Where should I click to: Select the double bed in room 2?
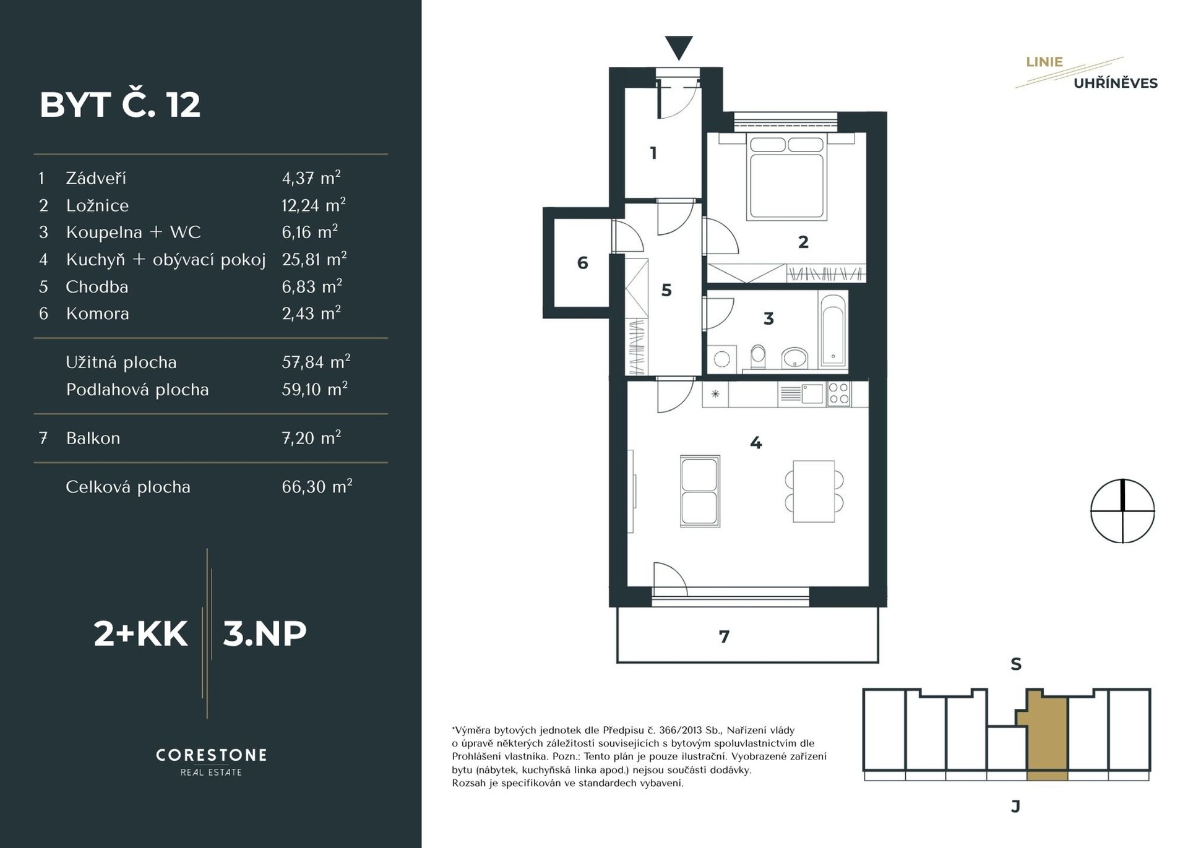787,178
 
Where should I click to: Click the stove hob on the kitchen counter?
838,393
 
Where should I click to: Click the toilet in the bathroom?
758,357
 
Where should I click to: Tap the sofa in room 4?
700,491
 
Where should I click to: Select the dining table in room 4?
814,491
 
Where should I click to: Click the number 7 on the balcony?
724,636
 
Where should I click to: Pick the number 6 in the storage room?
582,263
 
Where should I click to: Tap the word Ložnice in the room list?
98,205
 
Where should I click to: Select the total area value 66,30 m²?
317,486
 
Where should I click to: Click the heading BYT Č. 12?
120,105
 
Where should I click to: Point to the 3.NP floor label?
265,633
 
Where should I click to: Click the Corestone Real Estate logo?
212,761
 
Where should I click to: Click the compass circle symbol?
1122,511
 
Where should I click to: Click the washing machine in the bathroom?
722,358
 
